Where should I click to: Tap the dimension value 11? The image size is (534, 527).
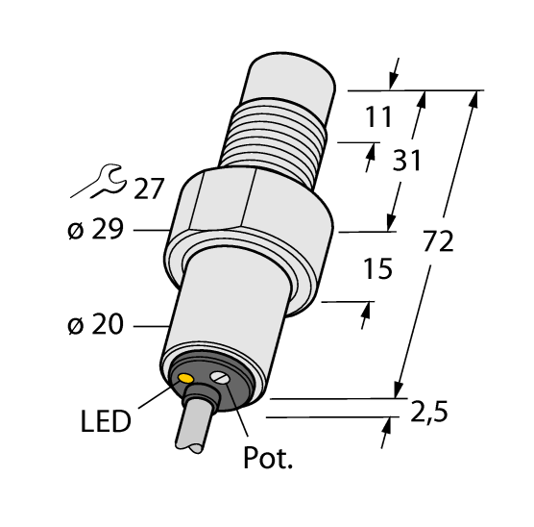point(378,118)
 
